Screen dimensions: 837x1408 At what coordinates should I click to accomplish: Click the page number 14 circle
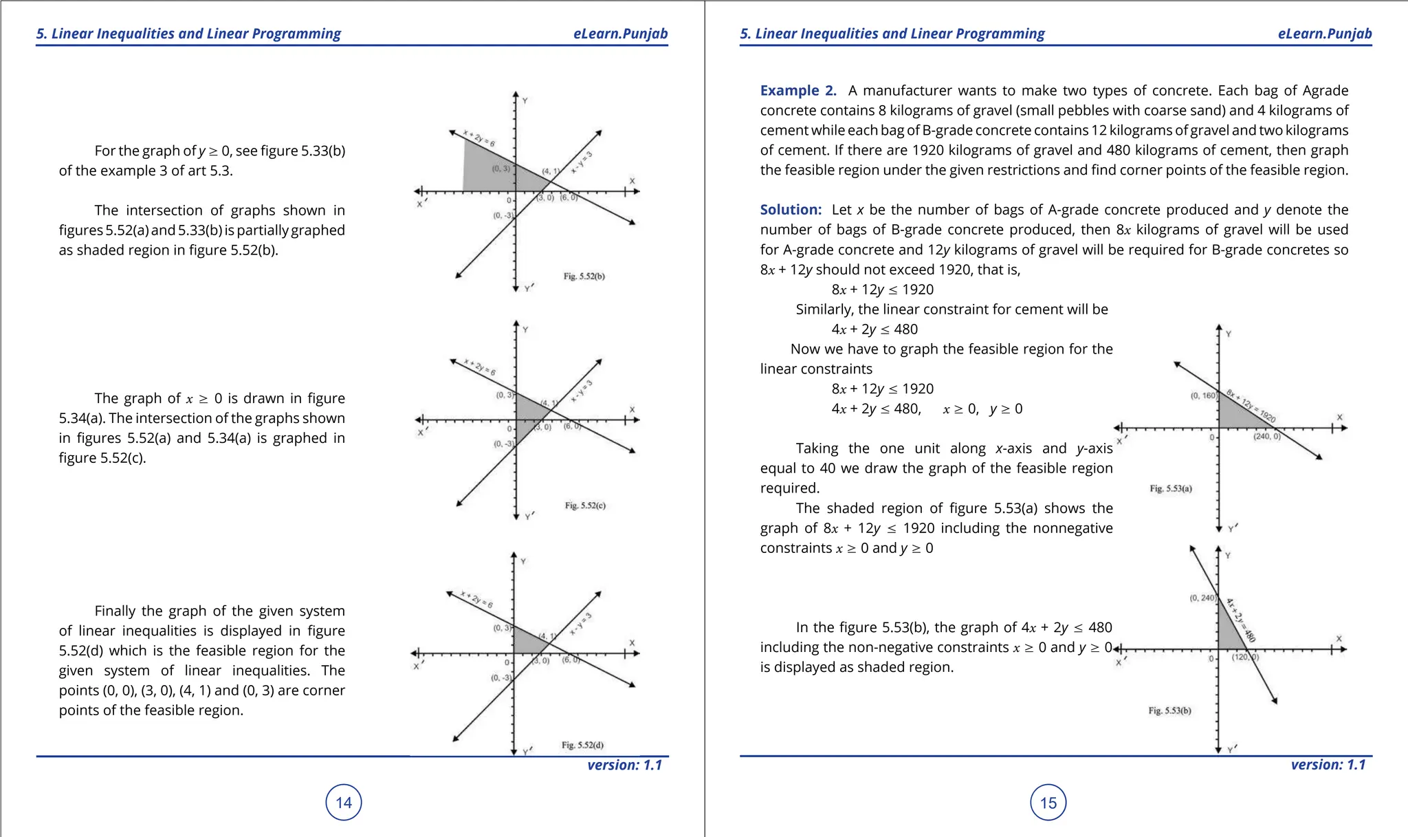343,802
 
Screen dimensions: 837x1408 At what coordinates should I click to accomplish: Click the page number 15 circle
1048,802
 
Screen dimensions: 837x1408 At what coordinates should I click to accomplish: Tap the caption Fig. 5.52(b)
584,276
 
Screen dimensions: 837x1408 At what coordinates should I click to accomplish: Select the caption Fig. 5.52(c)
585,506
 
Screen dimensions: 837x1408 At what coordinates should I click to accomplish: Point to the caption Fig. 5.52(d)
582,745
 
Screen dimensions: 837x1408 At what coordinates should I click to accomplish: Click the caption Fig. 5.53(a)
1171,489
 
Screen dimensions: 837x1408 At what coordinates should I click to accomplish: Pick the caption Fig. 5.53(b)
1169,710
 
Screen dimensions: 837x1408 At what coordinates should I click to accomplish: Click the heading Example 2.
797,91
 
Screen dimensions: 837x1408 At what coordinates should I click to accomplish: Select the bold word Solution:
791,210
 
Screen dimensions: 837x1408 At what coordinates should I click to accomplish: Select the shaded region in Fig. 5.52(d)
529,642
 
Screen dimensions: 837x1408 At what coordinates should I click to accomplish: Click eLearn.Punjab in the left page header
620,34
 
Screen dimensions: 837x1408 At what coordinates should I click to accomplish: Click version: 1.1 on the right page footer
1328,765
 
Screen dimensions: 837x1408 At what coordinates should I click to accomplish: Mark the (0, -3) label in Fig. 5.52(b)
503,216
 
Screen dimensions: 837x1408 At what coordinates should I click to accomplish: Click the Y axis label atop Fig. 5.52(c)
525,330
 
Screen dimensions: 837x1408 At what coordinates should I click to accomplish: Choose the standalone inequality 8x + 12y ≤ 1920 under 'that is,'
882,290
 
